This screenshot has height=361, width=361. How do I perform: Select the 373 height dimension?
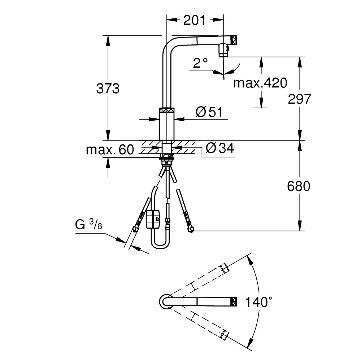pyautogui.click(x=108, y=88)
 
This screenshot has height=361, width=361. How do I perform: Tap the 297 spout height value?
pyautogui.click(x=299, y=99)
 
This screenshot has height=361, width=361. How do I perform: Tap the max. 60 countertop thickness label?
pyautogui.click(x=110, y=149)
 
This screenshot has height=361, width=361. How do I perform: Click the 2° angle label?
pyautogui.click(x=201, y=64)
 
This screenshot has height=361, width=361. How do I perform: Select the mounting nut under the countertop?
pyautogui.click(x=167, y=157)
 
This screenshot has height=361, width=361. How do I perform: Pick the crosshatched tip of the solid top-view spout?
pyautogui.click(x=234, y=301)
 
